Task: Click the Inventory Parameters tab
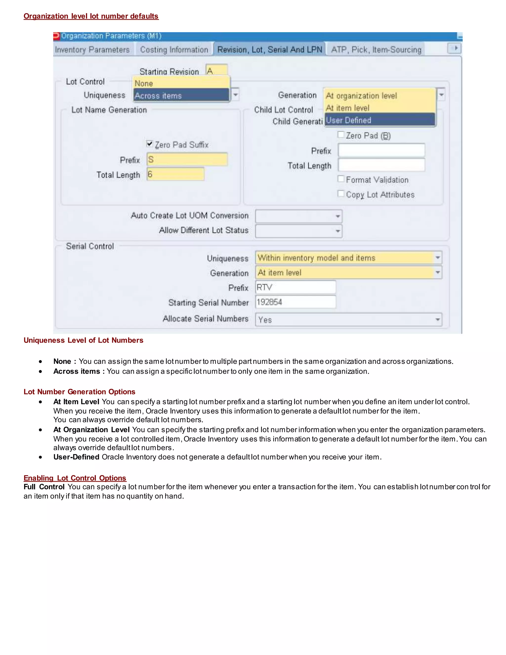[x=92, y=49]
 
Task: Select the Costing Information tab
[x=174, y=49]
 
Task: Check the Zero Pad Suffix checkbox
[x=149, y=144]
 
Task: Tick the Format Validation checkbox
[x=341, y=179]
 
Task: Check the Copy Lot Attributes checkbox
[x=341, y=194]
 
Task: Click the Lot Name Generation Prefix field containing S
[x=187, y=160]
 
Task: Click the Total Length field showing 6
[x=176, y=174]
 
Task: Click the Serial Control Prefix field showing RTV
[x=295, y=287]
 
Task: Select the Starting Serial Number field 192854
[x=295, y=302]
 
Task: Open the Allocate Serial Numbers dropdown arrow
[x=437, y=320]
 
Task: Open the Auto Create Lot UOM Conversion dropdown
[x=337, y=216]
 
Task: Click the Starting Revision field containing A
[x=216, y=70]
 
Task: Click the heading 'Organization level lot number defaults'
[x=91, y=16]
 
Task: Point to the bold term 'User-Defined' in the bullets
[x=76, y=457]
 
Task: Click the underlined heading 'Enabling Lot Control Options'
[x=75, y=478]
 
